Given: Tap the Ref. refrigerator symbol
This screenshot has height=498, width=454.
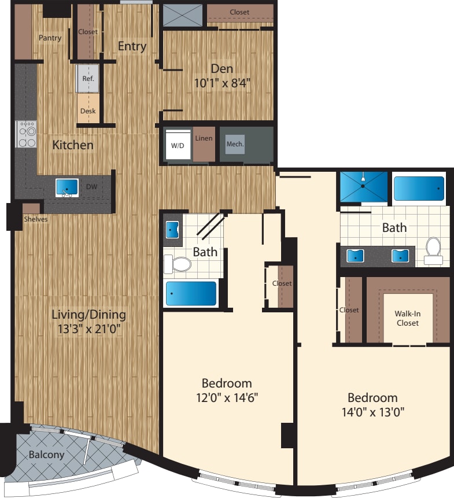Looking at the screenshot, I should pos(88,78).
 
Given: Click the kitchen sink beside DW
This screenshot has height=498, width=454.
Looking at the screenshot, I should pos(67,187).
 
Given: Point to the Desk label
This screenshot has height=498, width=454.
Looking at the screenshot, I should pos(88,111).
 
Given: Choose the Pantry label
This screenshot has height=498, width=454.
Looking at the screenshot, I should pos(50,38).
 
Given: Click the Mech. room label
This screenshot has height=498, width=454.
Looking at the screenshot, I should pos(234,144).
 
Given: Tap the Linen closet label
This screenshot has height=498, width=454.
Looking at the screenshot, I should pos(204,138).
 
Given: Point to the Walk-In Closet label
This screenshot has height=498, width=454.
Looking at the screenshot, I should pos(407,318).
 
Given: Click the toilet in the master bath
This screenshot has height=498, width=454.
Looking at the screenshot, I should pos(433,250).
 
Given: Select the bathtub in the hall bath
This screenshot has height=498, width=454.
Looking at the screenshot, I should pos(191,293).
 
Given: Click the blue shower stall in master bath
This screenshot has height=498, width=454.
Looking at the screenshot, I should pos(363,187).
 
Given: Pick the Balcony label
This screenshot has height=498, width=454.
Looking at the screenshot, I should pos(47,455).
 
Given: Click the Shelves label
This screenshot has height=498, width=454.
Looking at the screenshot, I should pos(36,219).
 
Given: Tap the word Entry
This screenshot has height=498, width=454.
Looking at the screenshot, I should pos(132,46).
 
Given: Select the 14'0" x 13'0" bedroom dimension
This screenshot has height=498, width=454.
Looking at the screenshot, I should pos(372,412).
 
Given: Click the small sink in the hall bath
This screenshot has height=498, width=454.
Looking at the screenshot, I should pos(172,230).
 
